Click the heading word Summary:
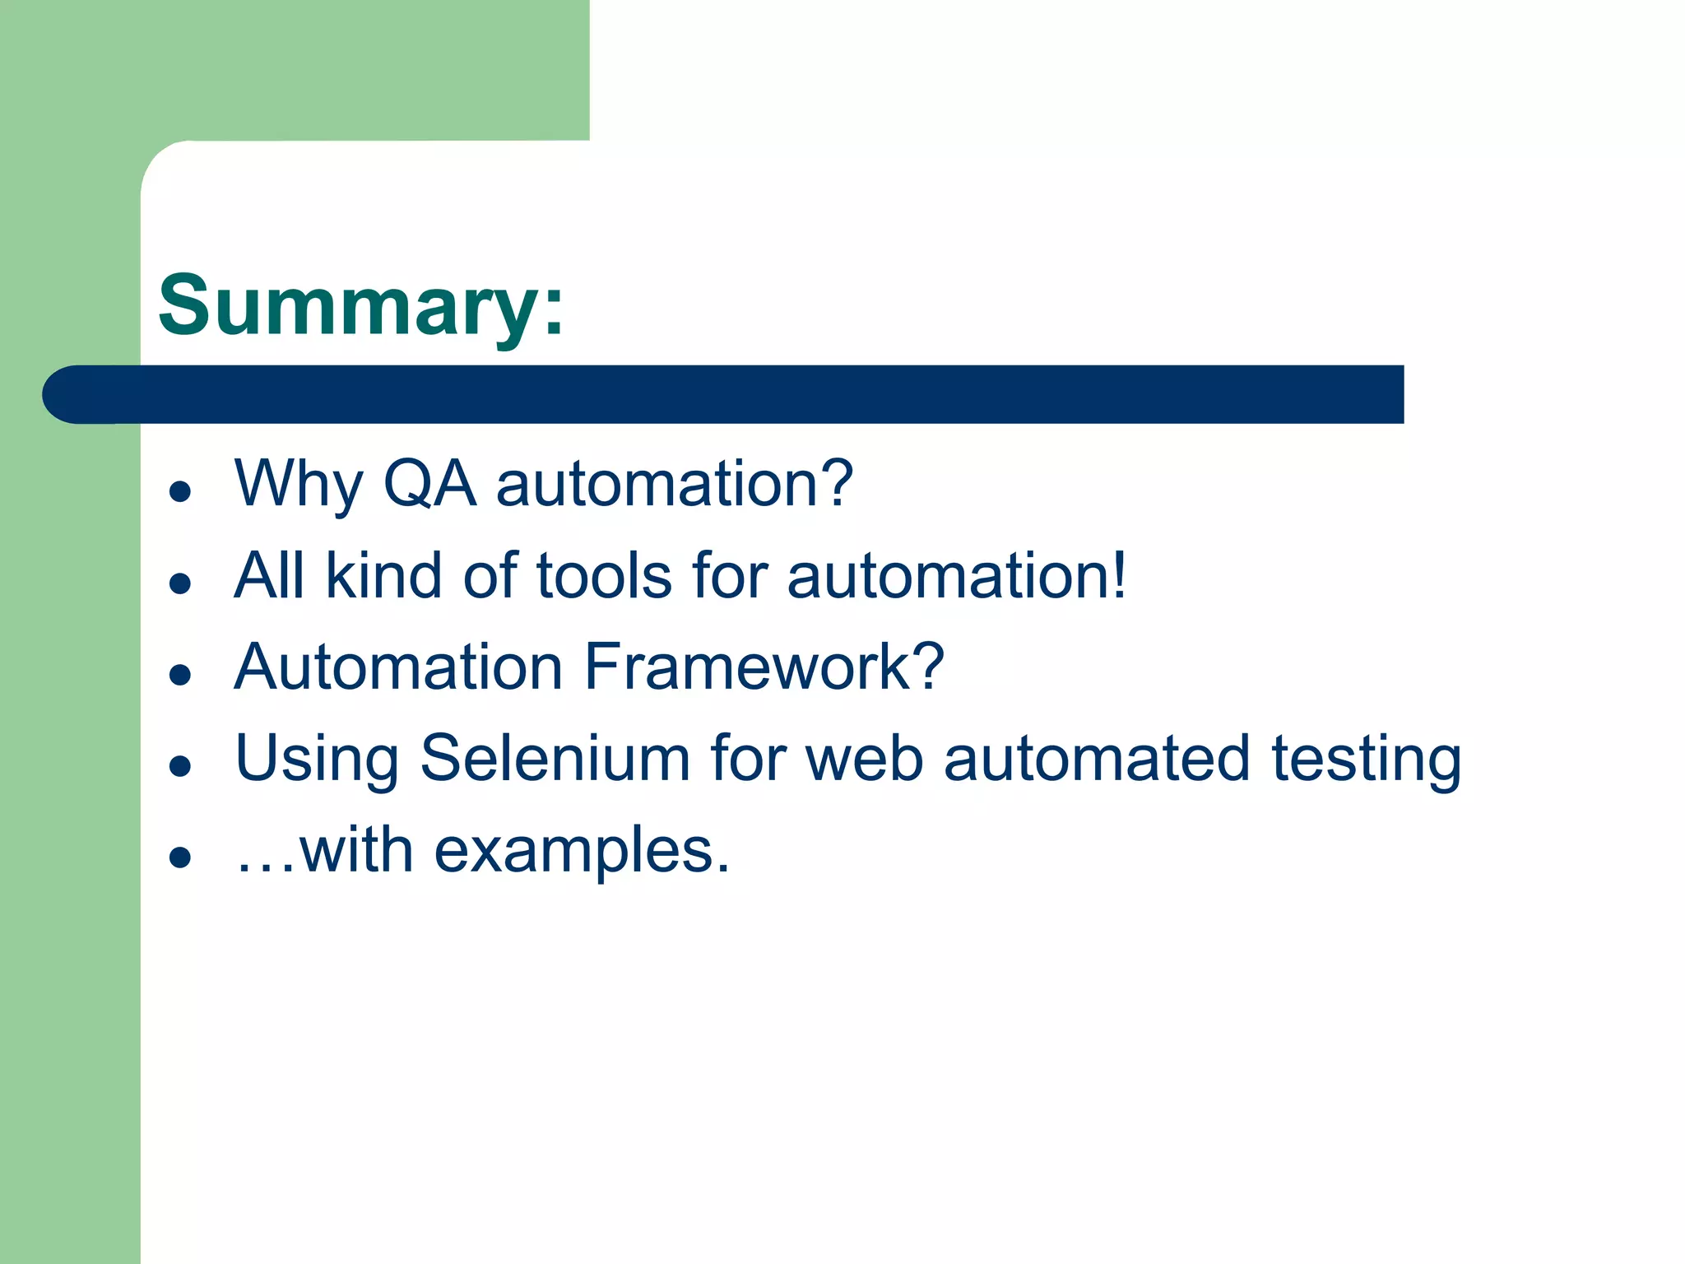360,306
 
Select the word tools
605,575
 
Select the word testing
1366,758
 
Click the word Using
317,758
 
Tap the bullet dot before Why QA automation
179,492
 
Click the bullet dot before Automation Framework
179,676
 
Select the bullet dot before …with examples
179,858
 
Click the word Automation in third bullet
398,667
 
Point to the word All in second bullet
269,575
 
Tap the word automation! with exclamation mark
956,575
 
